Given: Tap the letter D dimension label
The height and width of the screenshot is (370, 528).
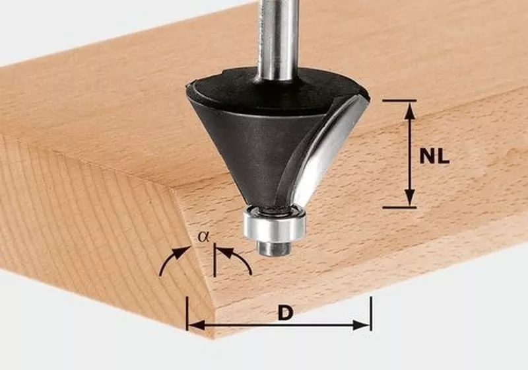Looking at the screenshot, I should tap(284, 313).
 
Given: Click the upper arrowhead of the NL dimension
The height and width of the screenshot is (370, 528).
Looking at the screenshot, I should tap(410, 110).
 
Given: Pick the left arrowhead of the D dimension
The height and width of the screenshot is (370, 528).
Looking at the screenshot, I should tap(193, 325).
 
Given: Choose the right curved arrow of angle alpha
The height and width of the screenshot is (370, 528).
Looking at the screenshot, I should tap(238, 259).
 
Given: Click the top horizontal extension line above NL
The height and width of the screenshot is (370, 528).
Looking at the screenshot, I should tap(399, 100).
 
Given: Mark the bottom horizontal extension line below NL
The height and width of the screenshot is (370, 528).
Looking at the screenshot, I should tap(399, 207).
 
